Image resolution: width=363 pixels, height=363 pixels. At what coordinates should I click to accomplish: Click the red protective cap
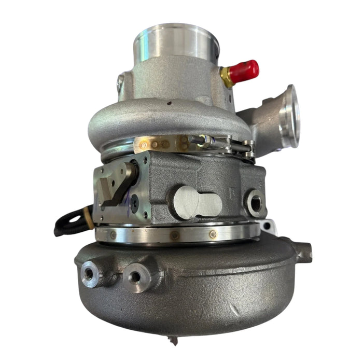[x=245, y=71]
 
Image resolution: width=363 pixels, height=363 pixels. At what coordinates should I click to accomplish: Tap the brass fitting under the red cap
[x=226, y=78]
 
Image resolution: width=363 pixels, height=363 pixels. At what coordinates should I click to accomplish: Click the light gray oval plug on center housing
[x=198, y=201]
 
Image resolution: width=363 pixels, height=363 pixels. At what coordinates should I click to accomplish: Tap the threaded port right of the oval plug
[x=255, y=203]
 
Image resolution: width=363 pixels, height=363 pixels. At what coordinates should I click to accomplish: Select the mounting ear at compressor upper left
[x=120, y=82]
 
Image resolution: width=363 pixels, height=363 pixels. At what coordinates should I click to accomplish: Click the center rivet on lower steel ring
[x=175, y=235]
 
